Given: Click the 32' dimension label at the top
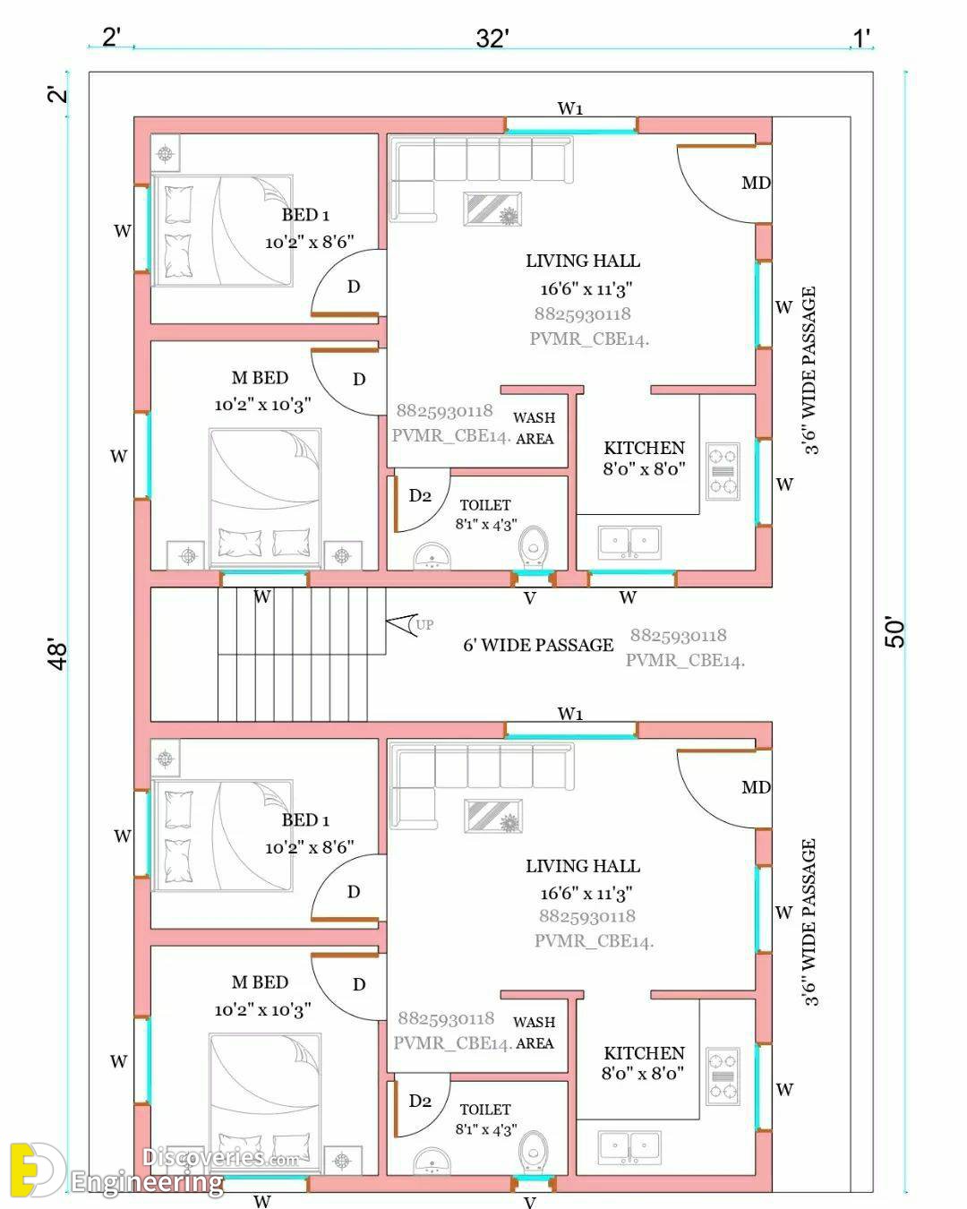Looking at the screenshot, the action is click(492, 39).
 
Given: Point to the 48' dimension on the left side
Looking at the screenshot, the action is click(58, 654).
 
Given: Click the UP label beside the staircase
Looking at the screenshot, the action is click(424, 624).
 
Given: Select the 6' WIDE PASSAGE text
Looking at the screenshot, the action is click(538, 645).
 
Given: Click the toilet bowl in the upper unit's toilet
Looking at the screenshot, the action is click(533, 547).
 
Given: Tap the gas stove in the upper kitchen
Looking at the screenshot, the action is click(723, 471).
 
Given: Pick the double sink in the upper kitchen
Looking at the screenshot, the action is click(629, 542).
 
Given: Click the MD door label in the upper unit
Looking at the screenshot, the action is click(756, 183).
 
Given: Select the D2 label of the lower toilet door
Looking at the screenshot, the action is click(420, 1101).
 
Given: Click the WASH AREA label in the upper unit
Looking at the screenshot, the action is click(534, 428).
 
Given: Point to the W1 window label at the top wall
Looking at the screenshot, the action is click(569, 107).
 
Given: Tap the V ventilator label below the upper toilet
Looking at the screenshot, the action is click(529, 598).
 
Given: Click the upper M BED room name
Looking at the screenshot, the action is click(260, 378).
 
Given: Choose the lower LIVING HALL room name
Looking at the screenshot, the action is click(583, 866).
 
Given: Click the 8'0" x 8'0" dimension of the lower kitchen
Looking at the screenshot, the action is click(643, 1073).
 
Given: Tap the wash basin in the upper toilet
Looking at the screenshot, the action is click(432, 555).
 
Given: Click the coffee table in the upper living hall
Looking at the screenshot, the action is click(492, 209).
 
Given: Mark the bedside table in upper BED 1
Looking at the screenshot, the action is click(165, 153).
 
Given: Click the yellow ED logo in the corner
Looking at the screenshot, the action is click(35, 1170).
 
